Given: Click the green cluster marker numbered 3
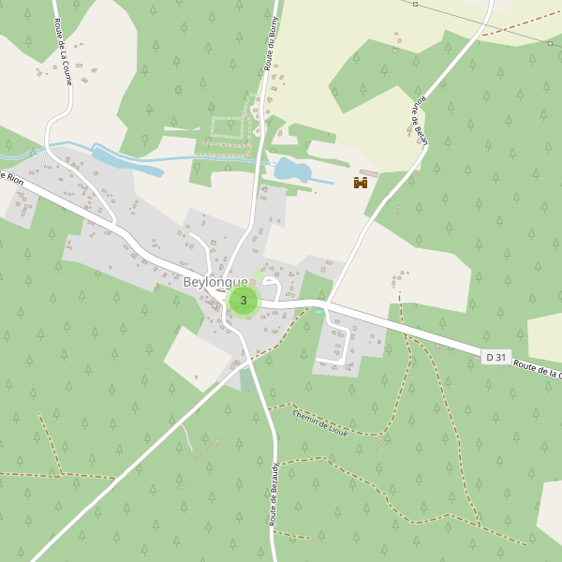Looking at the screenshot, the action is tap(244, 301).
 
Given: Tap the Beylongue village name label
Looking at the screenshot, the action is tap(215, 282).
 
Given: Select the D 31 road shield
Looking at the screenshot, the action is tap(496, 357).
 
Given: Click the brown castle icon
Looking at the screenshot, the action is tap(360, 183).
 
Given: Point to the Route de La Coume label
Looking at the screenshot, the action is tap(64, 52).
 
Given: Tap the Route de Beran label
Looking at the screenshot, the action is tap(419, 116).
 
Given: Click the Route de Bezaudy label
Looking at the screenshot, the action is tap(274, 494).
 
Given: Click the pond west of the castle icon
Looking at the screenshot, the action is tap(292, 170).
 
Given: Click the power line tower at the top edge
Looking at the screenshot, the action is tap(415, 4).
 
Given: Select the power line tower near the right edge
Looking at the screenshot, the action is tap(551, 42).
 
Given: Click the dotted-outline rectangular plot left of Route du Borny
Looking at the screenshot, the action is tap(226, 127).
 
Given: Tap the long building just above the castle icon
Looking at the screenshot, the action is tap(368, 173).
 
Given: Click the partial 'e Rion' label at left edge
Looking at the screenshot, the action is tap(11, 176).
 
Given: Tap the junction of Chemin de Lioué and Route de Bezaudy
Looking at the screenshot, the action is tap(271, 409).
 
